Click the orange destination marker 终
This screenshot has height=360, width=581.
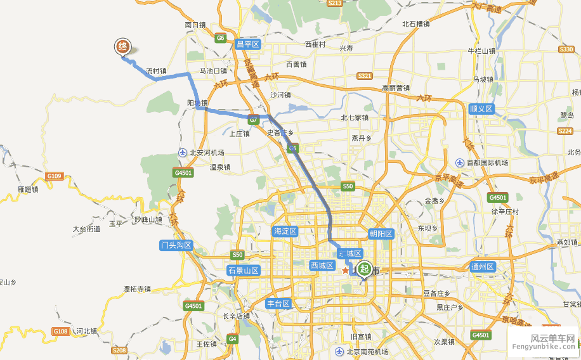(124, 47)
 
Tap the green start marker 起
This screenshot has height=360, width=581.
(364, 269)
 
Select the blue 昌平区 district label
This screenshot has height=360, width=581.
(248, 44)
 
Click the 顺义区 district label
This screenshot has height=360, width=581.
(481, 109)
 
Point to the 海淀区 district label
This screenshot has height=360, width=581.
(285, 231)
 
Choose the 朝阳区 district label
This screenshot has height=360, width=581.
(381, 234)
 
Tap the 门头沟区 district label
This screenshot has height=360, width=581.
(176, 245)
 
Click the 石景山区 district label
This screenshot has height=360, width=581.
(244, 271)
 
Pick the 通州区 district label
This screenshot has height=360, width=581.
(482, 267)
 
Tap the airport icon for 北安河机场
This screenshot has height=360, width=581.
(183, 153)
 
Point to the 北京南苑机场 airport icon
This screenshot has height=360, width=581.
(341, 352)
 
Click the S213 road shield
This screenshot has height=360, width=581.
(335, 3)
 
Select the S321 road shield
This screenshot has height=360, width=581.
(364, 76)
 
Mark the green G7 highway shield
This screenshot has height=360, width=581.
(254, 119)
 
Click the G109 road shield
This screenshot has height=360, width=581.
(55, 176)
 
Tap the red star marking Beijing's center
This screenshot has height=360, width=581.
(345, 271)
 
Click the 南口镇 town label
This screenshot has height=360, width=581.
(195, 25)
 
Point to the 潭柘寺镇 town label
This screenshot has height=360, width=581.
(137, 289)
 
